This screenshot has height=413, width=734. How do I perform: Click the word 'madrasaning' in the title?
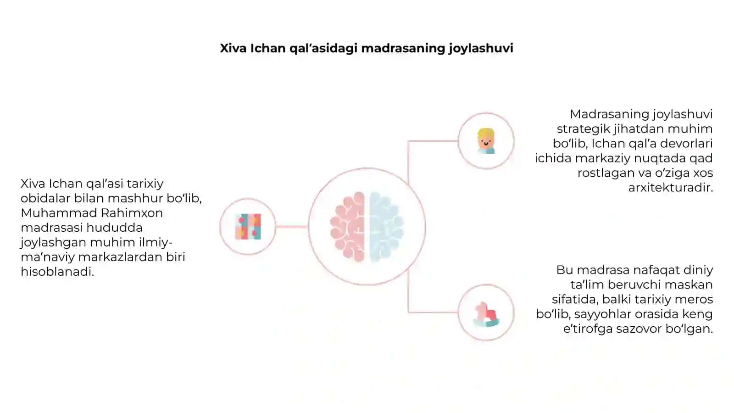coord(403,48)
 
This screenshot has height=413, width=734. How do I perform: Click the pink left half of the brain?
coord(348,227)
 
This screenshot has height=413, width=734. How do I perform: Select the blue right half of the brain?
coord(386,227)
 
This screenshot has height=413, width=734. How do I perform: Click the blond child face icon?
coord(486,141)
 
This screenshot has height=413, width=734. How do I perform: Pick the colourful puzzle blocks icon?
coord(248,227)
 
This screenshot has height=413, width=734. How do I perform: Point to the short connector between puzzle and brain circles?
coord(292,226)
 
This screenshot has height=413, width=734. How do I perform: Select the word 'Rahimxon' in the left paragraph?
coord(132,213)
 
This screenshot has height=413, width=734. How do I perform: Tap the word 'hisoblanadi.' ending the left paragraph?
coord(57,272)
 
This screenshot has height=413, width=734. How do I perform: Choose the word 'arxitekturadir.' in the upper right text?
coord(670,188)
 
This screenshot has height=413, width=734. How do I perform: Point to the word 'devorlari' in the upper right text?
coord(686,144)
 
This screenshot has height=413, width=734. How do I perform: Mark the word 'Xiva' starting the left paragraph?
coord(33,184)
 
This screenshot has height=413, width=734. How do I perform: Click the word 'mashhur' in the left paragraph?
coord(135,198)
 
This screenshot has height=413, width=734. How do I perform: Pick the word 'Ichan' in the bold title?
coord(268,48)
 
